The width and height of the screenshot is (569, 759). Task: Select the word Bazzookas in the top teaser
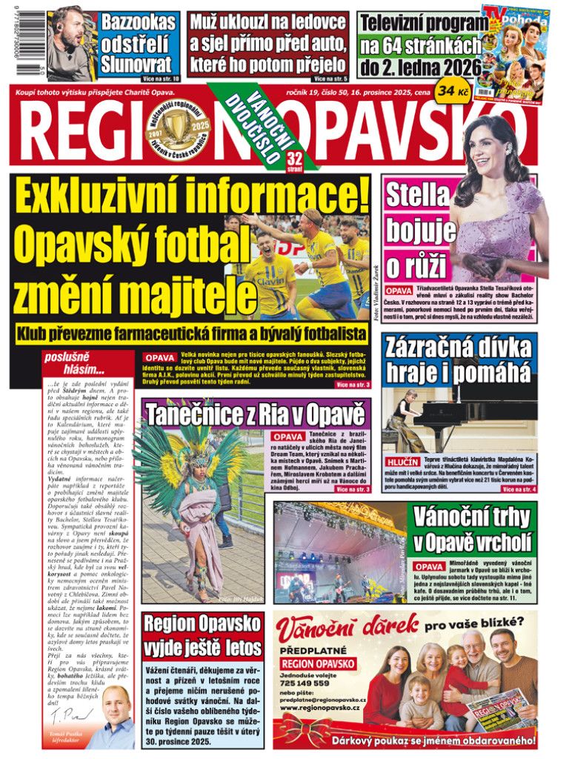click(x=139, y=22)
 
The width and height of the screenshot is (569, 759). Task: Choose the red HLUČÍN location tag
click(x=402, y=461)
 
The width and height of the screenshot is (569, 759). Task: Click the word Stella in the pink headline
click(x=417, y=194)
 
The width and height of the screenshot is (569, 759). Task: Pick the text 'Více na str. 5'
click(x=330, y=78)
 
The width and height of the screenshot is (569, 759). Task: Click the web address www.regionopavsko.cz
click(x=325, y=708)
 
